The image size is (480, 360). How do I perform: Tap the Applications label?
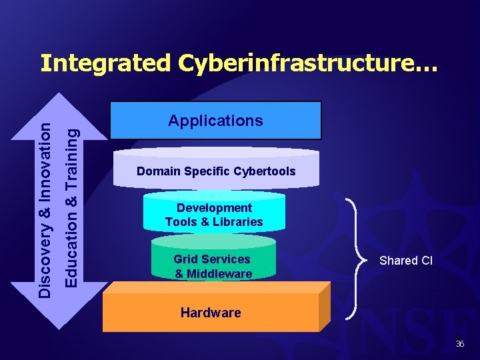(x=215, y=121)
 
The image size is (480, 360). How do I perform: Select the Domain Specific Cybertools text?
(x=216, y=171)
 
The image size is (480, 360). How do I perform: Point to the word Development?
(x=214, y=208)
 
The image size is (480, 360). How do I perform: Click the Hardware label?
(x=211, y=313)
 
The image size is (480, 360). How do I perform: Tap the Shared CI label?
(x=406, y=261)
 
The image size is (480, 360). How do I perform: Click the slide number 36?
(x=459, y=343)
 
